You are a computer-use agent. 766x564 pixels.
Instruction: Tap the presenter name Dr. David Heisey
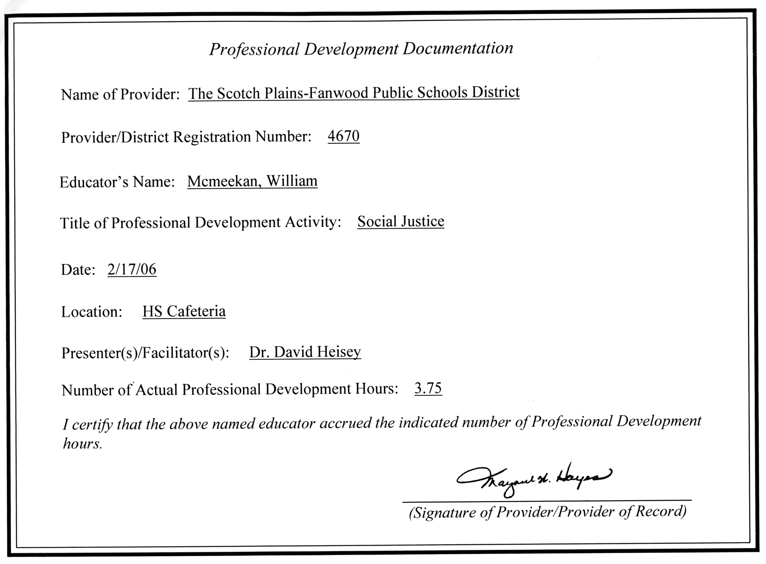(305, 352)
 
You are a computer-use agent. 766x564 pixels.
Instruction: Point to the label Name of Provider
(120, 94)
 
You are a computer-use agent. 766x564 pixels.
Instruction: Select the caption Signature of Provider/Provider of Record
(547, 512)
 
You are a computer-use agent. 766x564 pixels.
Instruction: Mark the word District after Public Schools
(495, 92)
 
